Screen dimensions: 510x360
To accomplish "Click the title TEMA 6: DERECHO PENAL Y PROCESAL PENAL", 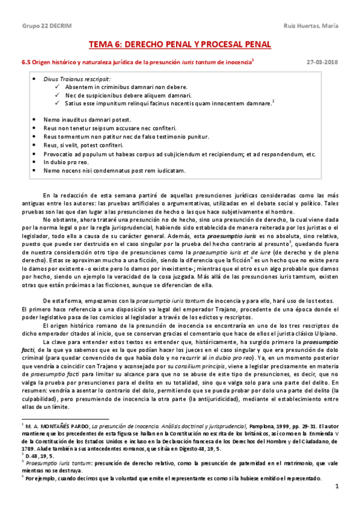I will [180, 45].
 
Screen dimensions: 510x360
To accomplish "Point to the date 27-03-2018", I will [322, 62].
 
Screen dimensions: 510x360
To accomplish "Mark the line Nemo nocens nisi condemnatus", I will [114, 170].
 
